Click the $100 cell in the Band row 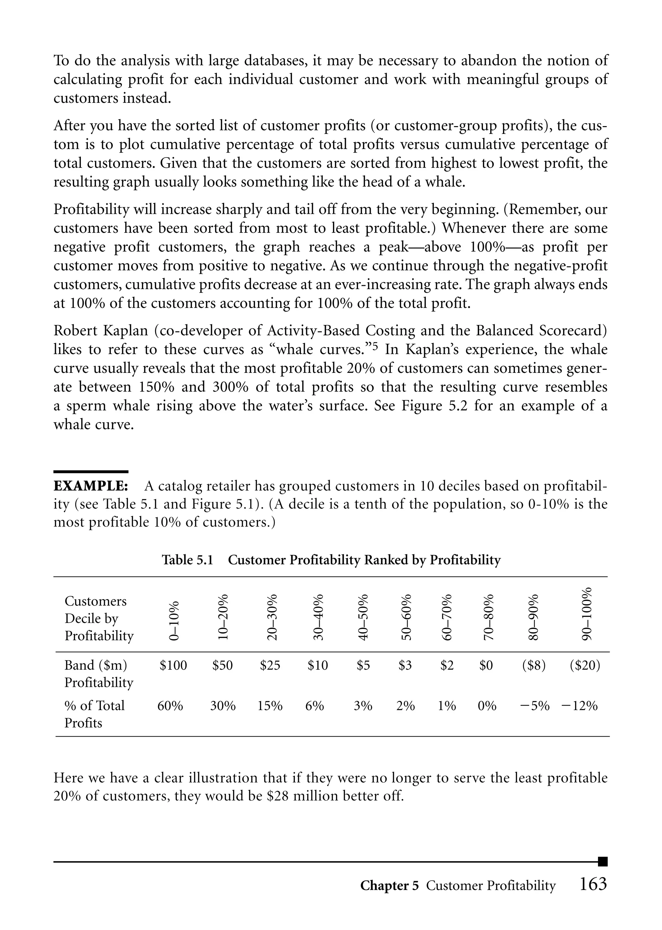tap(173, 665)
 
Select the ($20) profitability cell tap(585, 665)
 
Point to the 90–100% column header tap(586, 614)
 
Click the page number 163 tap(593, 884)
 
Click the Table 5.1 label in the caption tap(187, 560)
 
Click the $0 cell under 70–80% tap(486, 665)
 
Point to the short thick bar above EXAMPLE tap(91, 472)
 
